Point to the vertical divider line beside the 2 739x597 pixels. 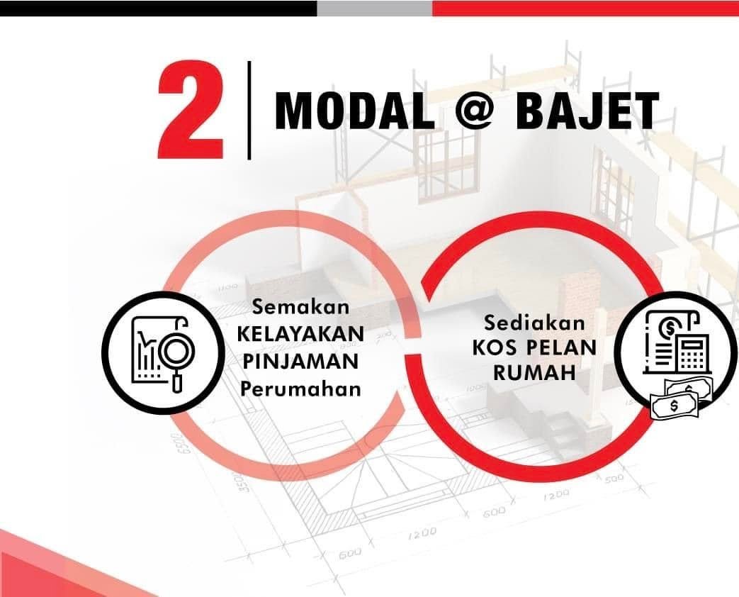[249, 110]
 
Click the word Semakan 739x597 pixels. [301, 308]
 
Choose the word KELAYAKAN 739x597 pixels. [300, 334]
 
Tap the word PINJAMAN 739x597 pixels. [300, 361]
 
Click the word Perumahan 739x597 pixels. [300, 388]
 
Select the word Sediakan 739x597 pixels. [535, 323]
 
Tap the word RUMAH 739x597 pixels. [534, 374]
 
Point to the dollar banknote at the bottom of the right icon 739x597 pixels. [674, 406]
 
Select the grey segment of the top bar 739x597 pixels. [374, 8]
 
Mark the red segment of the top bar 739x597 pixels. [585, 8]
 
